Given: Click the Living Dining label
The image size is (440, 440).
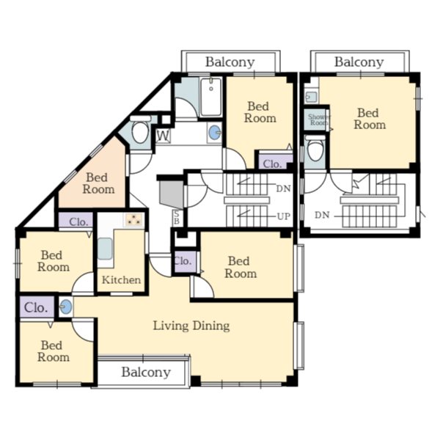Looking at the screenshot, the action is (191, 326).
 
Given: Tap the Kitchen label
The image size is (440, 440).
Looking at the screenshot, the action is (121, 280).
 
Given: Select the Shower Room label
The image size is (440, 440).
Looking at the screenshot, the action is (319, 120).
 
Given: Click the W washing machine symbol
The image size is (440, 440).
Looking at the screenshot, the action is (163, 136).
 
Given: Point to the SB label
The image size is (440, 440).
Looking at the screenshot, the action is (177, 217).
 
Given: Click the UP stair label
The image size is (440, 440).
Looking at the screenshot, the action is (283, 216).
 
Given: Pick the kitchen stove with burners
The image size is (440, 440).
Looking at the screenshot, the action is (134, 220).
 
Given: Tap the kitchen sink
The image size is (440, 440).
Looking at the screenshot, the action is (105, 249).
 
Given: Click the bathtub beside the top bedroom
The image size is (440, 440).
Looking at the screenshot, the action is (211, 97).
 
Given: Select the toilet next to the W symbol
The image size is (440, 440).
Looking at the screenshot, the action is (140, 130).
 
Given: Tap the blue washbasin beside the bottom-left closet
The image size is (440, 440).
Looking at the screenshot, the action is (66, 307).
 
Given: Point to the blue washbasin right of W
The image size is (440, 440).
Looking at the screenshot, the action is (215, 132).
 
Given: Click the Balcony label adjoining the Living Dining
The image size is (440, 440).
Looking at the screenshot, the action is (146, 373).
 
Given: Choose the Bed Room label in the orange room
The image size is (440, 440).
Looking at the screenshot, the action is (98, 183).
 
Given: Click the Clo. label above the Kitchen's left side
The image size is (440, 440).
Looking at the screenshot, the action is (78, 222).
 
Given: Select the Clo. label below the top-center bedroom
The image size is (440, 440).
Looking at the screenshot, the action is (272, 164).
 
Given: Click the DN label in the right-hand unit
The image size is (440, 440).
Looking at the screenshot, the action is (322, 215).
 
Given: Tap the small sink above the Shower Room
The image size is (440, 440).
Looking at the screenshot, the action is (312, 97).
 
